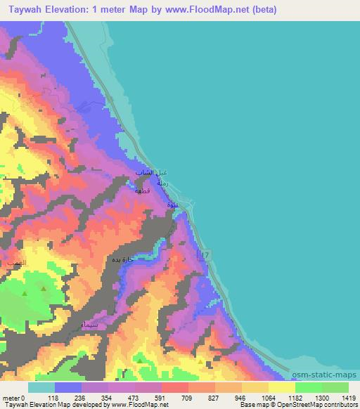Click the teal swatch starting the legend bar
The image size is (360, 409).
41,387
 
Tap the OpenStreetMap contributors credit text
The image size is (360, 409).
321,405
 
